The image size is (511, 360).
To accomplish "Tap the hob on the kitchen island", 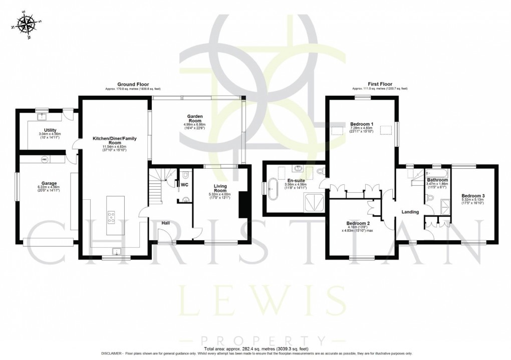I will click(x=111, y=217).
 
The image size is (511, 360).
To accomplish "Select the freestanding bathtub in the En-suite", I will click(x=275, y=190).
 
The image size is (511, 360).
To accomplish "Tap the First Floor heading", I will click(x=380, y=84).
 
